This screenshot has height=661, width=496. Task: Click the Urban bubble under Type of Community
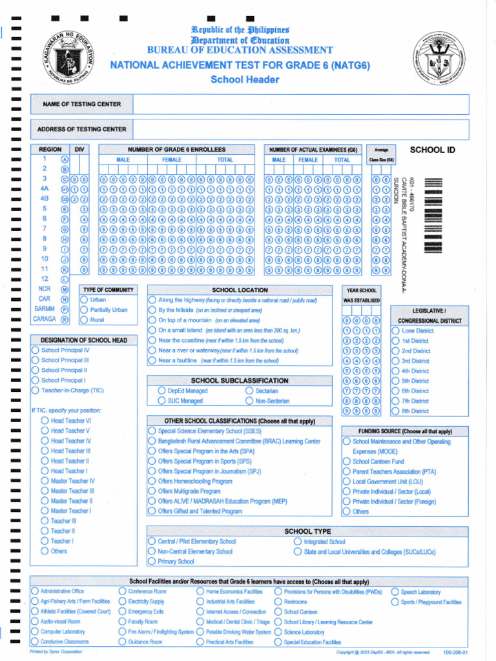coord(84,300)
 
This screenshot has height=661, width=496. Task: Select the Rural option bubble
coord(84,320)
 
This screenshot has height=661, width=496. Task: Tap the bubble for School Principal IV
coord(36,351)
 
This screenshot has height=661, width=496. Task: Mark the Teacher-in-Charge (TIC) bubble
coord(36,391)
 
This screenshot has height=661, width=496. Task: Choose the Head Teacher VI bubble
coord(45,421)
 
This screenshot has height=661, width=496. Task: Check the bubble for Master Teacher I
coord(45,511)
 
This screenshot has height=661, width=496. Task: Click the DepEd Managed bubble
coord(161,391)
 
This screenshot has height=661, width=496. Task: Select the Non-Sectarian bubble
coord(249,401)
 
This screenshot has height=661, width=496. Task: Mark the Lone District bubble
coord(396,331)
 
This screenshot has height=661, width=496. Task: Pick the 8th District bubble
coord(396,411)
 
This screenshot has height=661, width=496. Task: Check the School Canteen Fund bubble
coord(346,462)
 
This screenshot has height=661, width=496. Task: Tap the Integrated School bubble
coord(298,542)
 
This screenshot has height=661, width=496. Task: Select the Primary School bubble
coord(152,562)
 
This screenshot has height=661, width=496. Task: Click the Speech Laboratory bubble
coord(395,591)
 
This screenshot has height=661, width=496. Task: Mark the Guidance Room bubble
coord(122,642)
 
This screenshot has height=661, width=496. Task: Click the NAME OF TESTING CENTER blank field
coord(300,104)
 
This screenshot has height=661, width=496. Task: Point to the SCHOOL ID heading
coord(433,150)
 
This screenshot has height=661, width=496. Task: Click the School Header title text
coord(245,79)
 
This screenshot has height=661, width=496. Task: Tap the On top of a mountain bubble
coord(152,320)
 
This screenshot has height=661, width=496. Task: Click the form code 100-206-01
coord(455,653)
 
